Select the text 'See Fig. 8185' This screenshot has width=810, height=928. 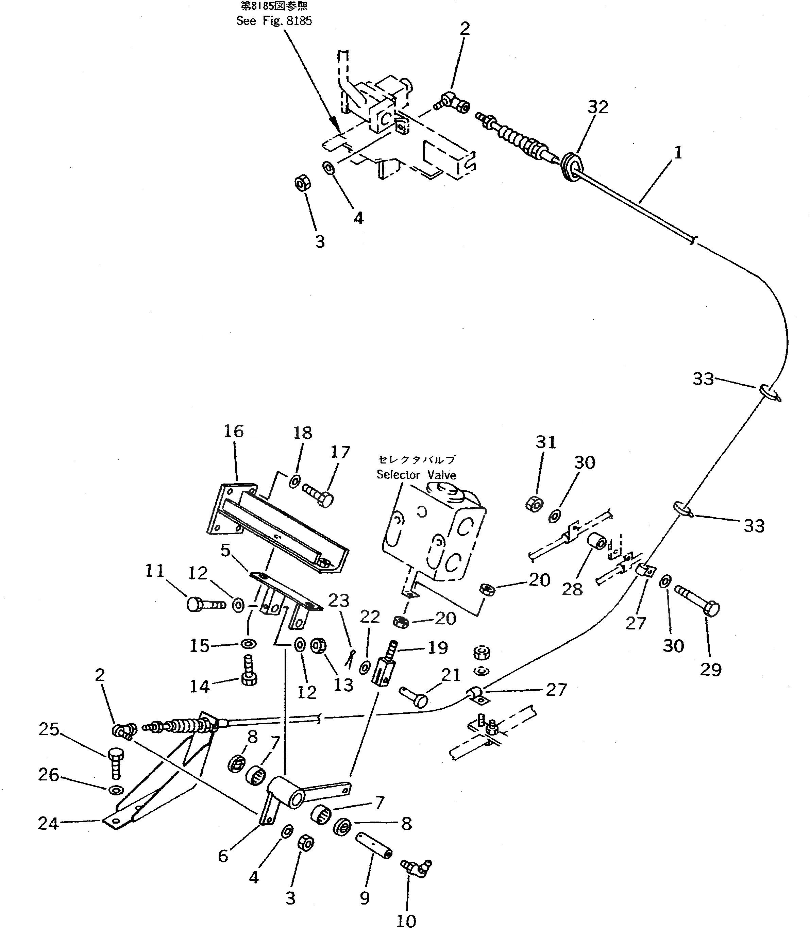tap(274, 21)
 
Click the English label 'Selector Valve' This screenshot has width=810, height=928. tap(416, 475)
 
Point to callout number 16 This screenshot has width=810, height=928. tap(233, 431)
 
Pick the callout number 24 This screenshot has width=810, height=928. tap(48, 823)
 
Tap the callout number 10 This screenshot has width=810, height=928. tap(406, 917)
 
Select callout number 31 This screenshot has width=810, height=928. tap(545, 442)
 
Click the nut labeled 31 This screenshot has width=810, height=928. tap(534, 504)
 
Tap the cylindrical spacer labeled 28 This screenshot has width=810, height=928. tap(596, 541)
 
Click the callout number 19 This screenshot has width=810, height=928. tap(437, 647)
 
